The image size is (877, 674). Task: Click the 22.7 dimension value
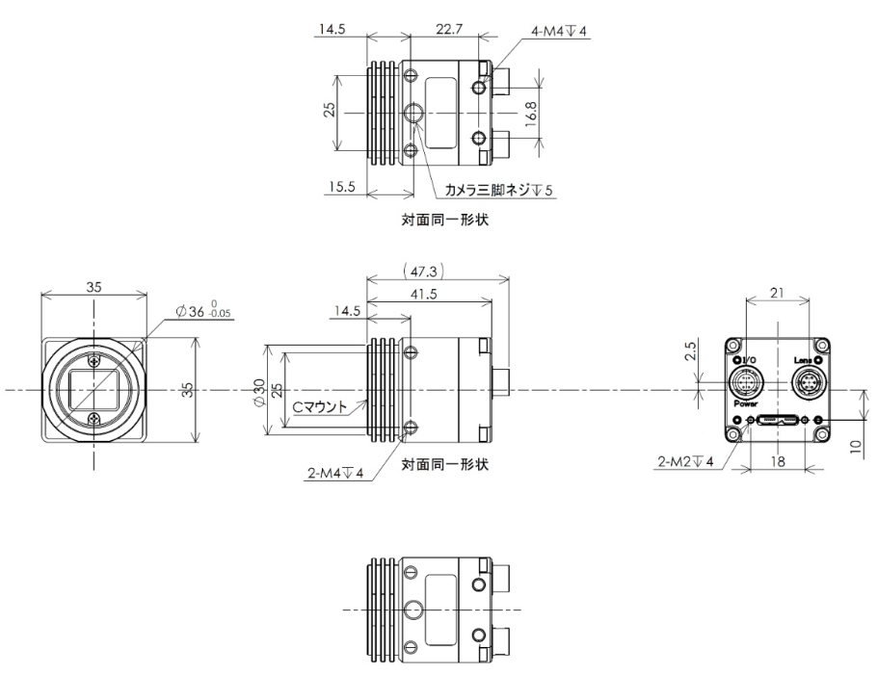(x=448, y=29)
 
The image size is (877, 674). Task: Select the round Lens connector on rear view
(x=808, y=382)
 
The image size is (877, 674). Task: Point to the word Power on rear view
(x=747, y=405)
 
